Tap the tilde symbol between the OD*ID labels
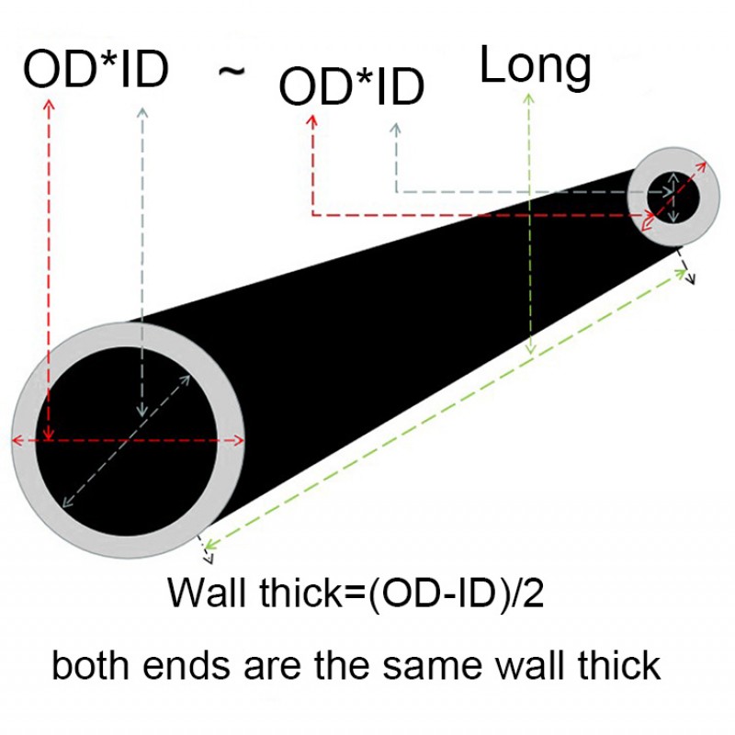[x=232, y=72]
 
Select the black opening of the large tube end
[x=127, y=441]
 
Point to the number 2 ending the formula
[x=533, y=593]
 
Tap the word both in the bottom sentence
[x=90, y=664]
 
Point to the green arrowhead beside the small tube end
[x=681, y=273]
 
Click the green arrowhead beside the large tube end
[x=210, y=544]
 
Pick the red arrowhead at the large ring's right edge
[x=239, y=440]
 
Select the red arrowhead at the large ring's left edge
[x=17, y=440]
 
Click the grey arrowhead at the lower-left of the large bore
[x=68, y=502]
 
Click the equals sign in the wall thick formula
[x=356, y=594]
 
